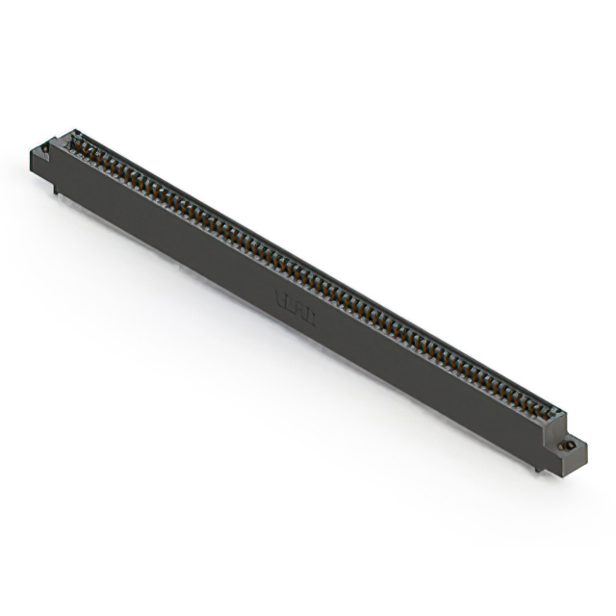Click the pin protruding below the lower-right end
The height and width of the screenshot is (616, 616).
[x=536, y=469]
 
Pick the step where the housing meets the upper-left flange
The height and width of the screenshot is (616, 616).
[x=52, y=146]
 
